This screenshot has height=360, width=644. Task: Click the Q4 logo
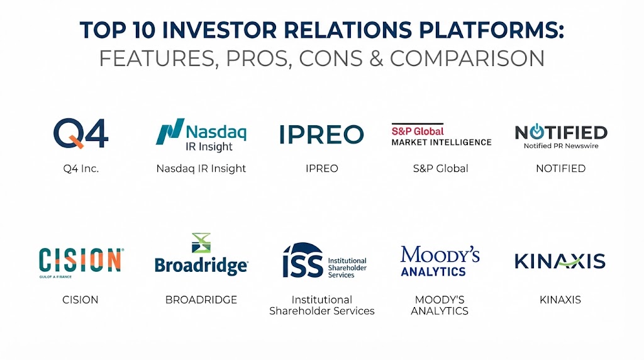(x=81, y=133)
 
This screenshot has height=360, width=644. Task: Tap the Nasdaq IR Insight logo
(x=201, y=135)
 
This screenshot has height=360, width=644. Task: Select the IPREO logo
(x=321, y=135)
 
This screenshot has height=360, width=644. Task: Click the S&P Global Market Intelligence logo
(x=441, y=135)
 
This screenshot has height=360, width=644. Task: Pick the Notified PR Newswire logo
(x=561, y=136)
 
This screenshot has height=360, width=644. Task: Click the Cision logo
(x=81, y=262)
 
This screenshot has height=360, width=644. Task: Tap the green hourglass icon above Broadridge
(x=201, y=243)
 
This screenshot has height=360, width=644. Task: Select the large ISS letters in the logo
(x=303, y=260)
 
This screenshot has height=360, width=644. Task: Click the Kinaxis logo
(x=560, y=261)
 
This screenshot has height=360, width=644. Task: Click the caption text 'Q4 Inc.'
(x=81, y=169)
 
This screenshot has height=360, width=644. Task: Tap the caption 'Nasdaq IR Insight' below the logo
(x=201, y=169)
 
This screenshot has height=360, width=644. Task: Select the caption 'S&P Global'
(x=441, y=169)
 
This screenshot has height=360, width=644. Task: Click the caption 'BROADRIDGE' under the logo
(x=201, y=300)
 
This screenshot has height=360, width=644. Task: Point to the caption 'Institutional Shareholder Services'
(x=322, y=305)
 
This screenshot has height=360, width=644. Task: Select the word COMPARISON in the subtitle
(x=467, y=59)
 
